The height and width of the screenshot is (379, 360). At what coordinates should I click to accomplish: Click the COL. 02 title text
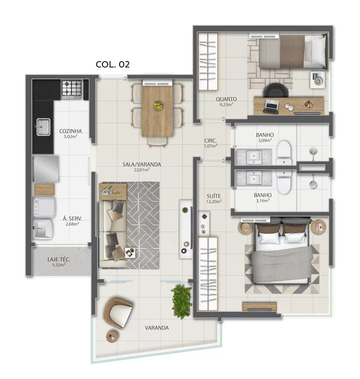(113, 64)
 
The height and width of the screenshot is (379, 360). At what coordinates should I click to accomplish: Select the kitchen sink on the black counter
(43, 127)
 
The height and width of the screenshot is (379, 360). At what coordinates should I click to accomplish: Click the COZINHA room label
(70, 131)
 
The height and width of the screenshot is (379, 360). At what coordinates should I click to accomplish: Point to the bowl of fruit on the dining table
(158, 106)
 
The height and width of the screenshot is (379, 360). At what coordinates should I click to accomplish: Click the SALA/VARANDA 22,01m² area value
(142, 170)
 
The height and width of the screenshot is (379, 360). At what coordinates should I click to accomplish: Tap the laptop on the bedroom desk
(271, 106)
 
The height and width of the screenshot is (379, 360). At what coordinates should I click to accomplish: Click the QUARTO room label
(226, 99)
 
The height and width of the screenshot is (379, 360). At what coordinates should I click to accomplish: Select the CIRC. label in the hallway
(211, 141)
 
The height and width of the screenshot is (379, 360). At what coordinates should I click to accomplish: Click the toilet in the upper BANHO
(284, 152)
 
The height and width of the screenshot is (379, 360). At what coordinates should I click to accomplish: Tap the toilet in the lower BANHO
(284, 182)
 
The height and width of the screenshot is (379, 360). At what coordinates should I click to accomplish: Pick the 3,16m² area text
(263, 200)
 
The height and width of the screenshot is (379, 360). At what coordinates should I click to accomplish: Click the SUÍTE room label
(214, 196)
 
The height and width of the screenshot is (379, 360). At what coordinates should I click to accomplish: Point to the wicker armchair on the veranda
(118, 313)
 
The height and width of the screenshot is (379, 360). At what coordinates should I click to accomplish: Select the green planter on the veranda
(182, 301)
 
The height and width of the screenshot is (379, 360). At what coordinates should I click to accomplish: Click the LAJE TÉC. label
(59, 260)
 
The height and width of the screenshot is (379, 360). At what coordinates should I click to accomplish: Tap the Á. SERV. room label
(72, 219)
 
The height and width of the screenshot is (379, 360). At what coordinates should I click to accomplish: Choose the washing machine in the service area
(44, 207)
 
